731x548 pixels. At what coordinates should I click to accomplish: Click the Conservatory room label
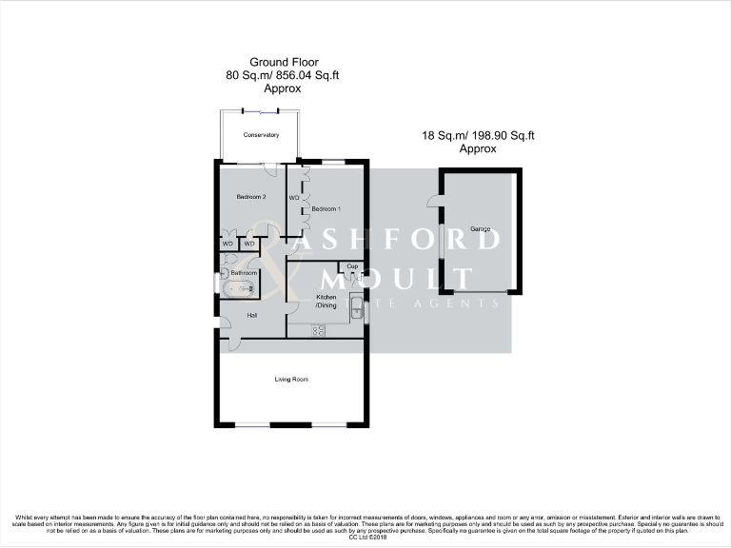[x=261, y=135]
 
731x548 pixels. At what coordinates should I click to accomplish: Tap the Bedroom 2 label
[x=249, y=197]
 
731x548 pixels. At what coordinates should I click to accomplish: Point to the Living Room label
[x=291, y=380]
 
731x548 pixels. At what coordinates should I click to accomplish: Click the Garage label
[x=479, y=230]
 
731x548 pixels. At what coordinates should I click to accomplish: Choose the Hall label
[x=252, y=315]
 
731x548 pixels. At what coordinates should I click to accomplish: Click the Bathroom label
[x=245, y=273]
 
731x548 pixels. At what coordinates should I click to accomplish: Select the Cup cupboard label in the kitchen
[x=352, y=266]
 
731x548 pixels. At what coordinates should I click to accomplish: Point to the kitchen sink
[x=355, y=305]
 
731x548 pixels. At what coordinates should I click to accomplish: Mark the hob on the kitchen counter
[x=319, y=330]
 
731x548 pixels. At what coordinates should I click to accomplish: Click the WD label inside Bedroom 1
[x=294, y=198]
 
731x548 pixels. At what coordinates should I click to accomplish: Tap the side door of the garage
[x=433, y=201]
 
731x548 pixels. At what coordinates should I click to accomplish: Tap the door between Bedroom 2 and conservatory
[x=270, y=169]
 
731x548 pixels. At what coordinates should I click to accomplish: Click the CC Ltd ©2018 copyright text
[x=365, y=538]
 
